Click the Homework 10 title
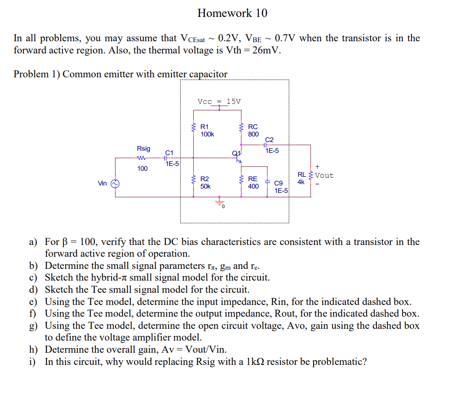click(x=232, y=13)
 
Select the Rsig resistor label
click(x=143, y=149)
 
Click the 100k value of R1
click(x=207, y=134)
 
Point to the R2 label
click(x=205, y=179)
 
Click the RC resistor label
click(x=253, y=127)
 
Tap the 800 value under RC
click(x=253, y=134)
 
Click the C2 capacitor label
click(x=269, y=140)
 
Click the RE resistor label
click(x=253, y=179)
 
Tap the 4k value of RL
click(x=301, y=182)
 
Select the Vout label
click(x=324, y=175)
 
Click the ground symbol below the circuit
click(x=220, y=202)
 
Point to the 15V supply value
click(x=233, y=102)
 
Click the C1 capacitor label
click(x=169, y=153)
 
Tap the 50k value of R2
click(x=205, y=186)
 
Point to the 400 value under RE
click(x=253, y=186)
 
